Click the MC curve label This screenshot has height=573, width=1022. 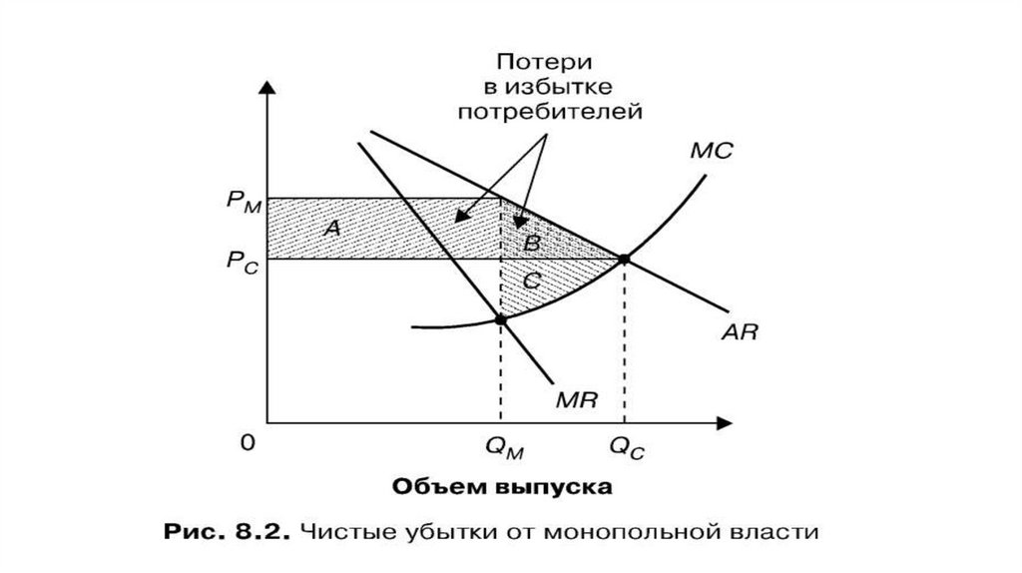coord(711,152)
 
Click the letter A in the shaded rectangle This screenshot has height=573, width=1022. coord(333,229)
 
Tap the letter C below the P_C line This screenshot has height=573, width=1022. coord(531,283)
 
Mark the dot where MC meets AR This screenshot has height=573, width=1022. coord(625,260)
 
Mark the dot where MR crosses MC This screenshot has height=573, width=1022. coord(501,319)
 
